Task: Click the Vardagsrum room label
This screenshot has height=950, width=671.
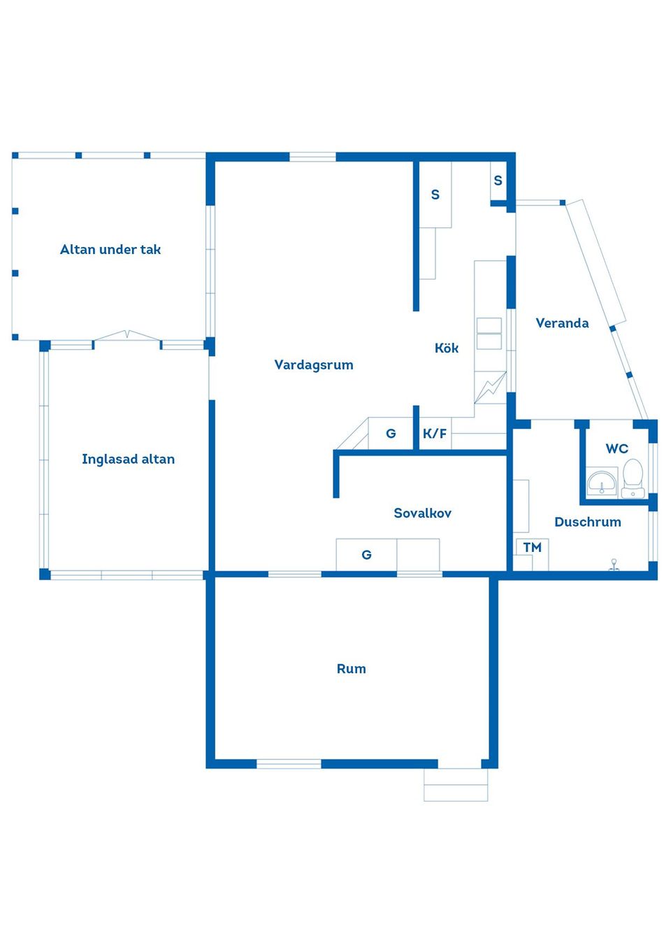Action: [313, 365]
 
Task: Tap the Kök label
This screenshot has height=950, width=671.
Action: [447, 348]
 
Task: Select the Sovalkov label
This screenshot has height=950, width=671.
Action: [422, 513]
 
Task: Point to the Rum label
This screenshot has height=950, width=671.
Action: [351, 669]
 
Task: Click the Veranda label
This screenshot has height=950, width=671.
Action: [562, 323]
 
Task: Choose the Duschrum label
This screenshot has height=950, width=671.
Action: [588, 522]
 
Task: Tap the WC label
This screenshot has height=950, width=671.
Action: [616, 448]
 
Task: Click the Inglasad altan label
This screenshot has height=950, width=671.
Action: [129, 460]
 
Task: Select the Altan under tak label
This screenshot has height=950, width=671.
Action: [110, 249]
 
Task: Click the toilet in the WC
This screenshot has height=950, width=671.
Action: [633, 478]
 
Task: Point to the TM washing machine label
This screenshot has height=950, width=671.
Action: [532, 548]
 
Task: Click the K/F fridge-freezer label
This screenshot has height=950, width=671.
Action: [435, 434]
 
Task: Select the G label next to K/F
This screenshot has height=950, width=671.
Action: [391, 434]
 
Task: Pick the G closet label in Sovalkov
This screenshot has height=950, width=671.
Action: [366, 555]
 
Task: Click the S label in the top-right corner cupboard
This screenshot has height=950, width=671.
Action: [498, 180]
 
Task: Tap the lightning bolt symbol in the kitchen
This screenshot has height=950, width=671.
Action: [490, 388]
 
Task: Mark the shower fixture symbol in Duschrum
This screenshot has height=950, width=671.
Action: [614, 565]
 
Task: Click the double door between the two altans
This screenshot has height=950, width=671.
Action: [127, 336]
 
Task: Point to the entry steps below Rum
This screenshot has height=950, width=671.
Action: [456, 785]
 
